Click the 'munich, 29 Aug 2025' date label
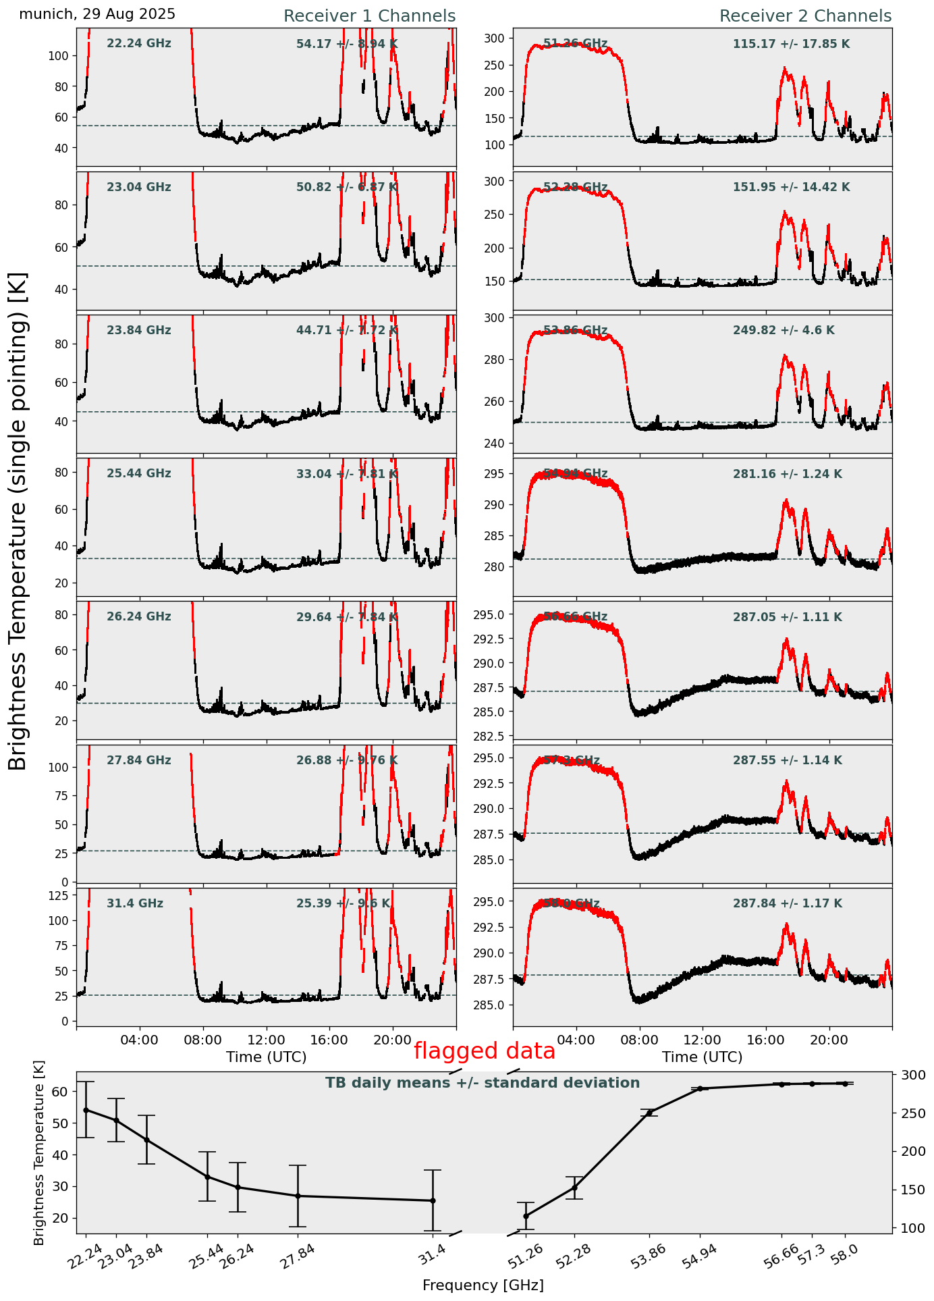coord(97,14)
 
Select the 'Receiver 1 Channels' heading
coord(369,16)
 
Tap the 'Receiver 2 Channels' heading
coord(805,16)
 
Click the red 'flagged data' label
coord(484,1051)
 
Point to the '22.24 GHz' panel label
coord(139,44)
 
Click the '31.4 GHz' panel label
coord(135,903)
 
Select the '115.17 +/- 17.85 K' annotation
coord(791,45)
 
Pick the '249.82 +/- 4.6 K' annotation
coord(784,331)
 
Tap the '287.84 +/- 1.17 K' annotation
coord(788,903)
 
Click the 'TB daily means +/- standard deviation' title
coord(483,1083)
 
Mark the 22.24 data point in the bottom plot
coord(86,1110)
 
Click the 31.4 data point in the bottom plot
coord(433,1200)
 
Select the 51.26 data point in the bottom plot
coord(526,1216)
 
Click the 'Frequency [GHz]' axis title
coord(483,1285)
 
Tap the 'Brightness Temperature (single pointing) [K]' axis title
coord(18,521)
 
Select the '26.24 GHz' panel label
coord(139,617)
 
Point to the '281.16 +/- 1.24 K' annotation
coord(788,474)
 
